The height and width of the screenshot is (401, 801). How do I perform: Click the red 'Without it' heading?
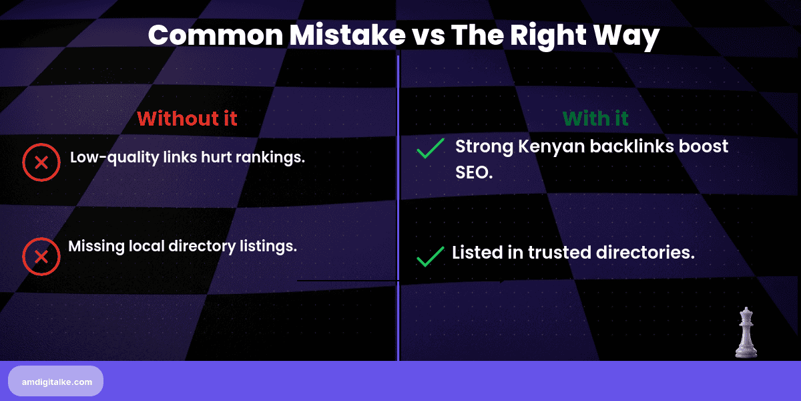point(187,119)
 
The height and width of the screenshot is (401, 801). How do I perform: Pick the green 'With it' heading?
point(595,119)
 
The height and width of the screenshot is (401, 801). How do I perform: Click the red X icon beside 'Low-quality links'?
point(41,162)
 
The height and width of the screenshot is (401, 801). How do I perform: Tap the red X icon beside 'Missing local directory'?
point(41,257)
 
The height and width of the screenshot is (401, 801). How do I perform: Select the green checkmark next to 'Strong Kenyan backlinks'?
point(430,149)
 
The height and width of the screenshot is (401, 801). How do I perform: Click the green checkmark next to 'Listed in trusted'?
point(430,256)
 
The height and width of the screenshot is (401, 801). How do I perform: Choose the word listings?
point(267,246)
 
